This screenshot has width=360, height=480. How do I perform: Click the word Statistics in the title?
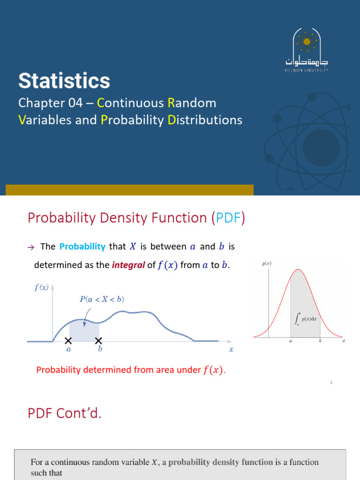(x=64, y=81)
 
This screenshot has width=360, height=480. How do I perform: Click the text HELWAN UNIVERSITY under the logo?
(x=307, y=70)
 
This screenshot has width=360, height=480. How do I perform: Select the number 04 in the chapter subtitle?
(x=75, y=103)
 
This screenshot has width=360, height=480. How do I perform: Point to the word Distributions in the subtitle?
(x=205, y=120)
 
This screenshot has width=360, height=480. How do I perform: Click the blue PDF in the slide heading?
(x=228, y=218)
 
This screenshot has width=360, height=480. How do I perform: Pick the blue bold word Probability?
(x=82, y=247)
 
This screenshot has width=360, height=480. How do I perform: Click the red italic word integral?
(x=128, y=265)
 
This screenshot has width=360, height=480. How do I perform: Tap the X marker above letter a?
(x=68, y=341)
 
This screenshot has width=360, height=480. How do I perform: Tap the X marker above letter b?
(x=98, y=341)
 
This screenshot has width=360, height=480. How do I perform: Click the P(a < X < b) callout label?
(x=102, y=299)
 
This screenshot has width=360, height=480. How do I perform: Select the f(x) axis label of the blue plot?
(x=41, y=287)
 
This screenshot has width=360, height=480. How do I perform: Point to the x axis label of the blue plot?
(x=231, y=350)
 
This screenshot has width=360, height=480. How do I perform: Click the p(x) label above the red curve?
(x=267, y=263)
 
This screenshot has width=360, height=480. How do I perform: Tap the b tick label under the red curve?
(x=320, y=341)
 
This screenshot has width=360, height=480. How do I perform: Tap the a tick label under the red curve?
(x=291, y=341)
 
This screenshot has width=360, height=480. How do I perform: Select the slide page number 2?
(x=331, y=382)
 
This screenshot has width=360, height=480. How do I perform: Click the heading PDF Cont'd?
(x=65, y=413)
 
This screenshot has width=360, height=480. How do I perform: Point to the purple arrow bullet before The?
(x=31, y=247)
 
